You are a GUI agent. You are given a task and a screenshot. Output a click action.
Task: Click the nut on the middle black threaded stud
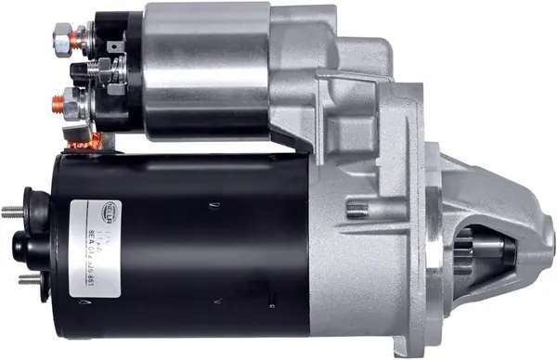(102, 71)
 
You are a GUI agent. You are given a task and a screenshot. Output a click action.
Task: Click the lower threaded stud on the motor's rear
(26, 277)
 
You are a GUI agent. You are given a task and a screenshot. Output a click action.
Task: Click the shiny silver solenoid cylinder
(204, 70)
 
